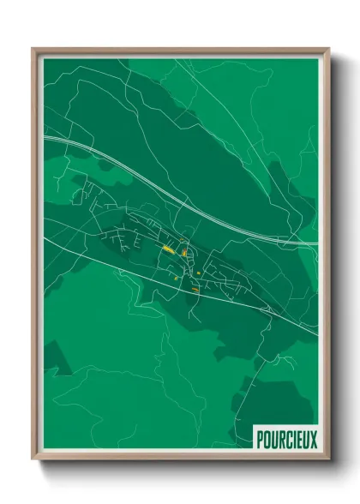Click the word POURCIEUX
tap(286, 440)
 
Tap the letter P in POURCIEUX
tap(261, 440)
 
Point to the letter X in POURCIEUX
tap(313, 440)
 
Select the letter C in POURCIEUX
tap(287, 440)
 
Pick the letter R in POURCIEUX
tap(280, 440)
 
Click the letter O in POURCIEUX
tap(267, 440)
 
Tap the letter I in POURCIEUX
tap(293, 440)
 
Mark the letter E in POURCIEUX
tap(298, 440)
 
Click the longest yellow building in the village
tap(169, 249)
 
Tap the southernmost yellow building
tap(195, 290)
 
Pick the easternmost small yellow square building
tap(198, 273)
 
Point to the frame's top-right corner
tap(328, 49)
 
